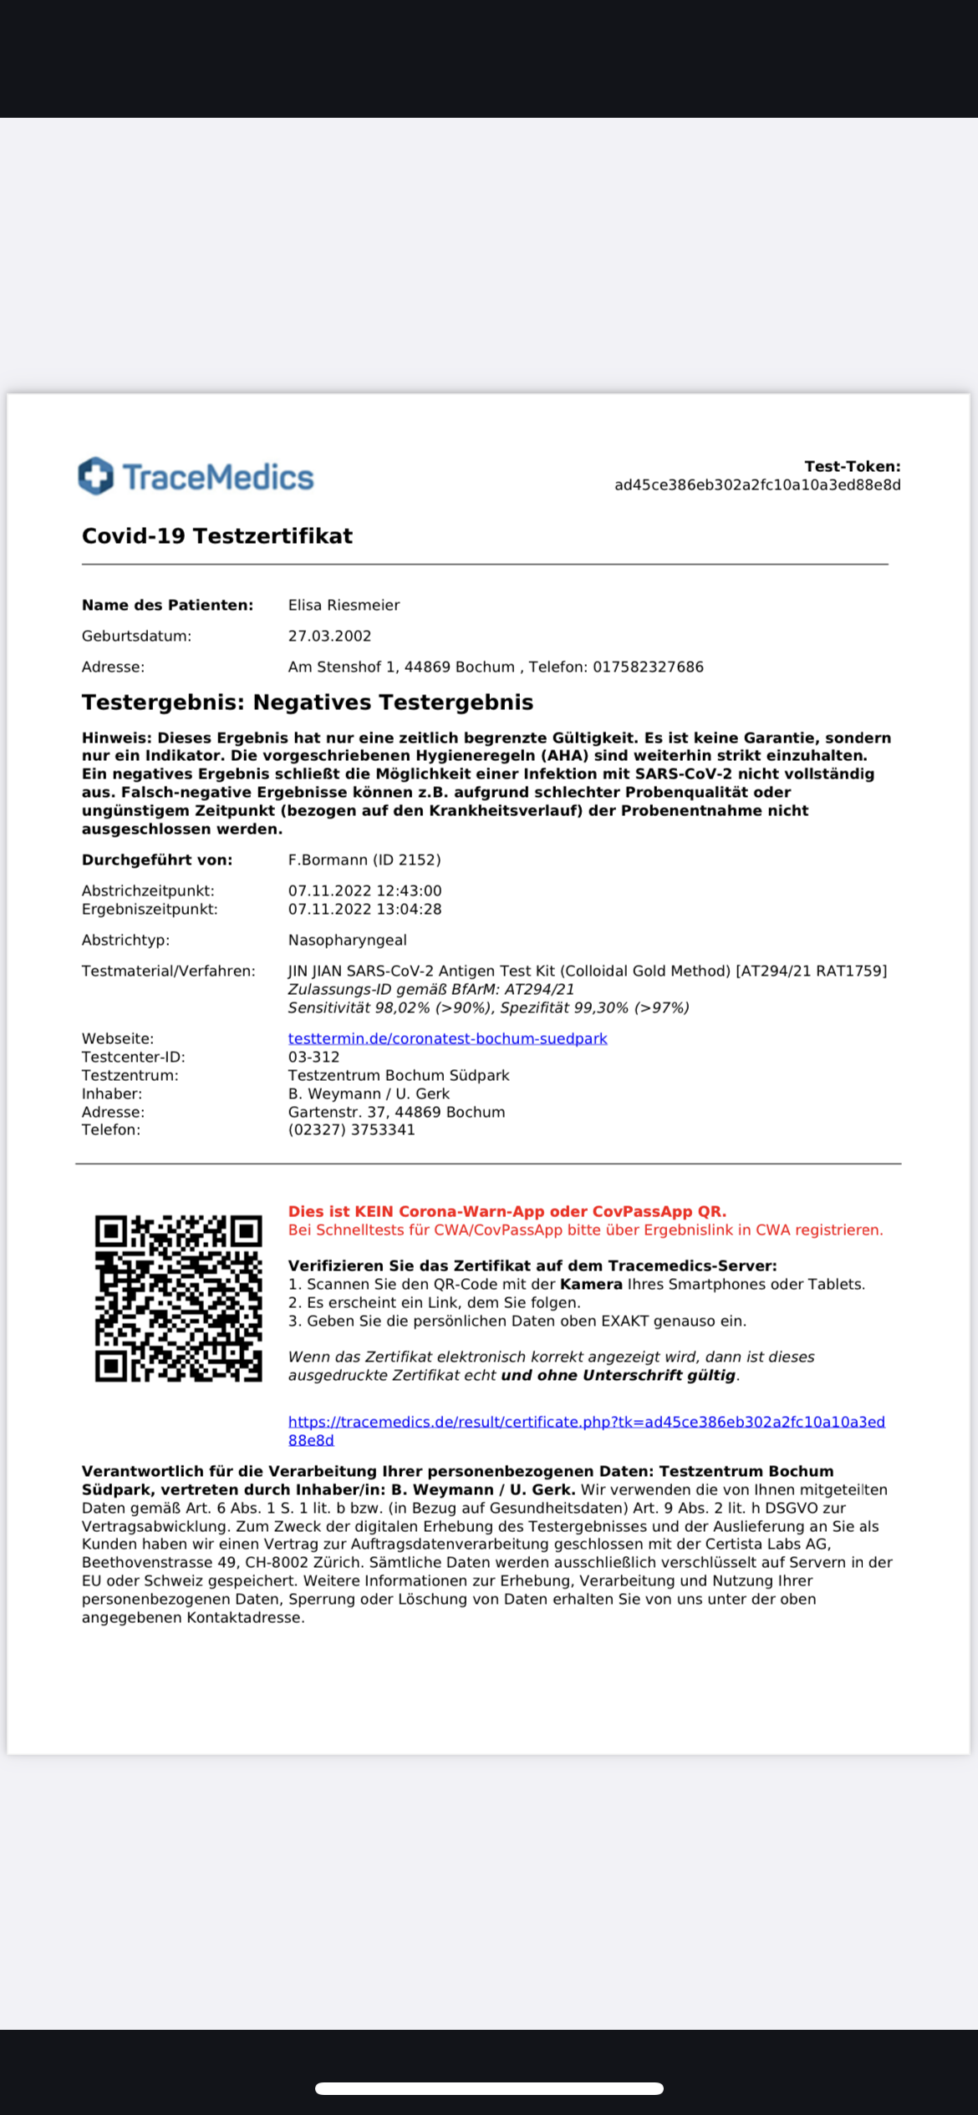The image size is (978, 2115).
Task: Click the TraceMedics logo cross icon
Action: click(x=95, y=476)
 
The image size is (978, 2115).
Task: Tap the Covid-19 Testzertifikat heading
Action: click(x=216, y=536)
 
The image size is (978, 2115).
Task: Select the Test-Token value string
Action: click(x=757, y=485)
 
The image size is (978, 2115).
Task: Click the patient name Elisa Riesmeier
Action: click(x=344, y=606)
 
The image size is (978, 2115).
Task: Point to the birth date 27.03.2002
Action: click(x=329, y=637)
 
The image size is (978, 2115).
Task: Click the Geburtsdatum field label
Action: click(x=136, y=637)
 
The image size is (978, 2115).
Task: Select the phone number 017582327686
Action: click(x=648, y=667)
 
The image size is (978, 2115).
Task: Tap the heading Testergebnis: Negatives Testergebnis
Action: click(x=307, y=702)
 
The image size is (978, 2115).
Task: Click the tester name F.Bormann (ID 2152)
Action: click(x=364, y=860)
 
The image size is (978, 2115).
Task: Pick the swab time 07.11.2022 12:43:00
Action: click(x=364, y=891)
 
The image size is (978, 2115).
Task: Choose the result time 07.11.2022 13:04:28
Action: click(x=364, y=910)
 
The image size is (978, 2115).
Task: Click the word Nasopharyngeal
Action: click(x=347, y=941)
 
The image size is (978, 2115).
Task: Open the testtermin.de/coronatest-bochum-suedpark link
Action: click(x=447, y=1039)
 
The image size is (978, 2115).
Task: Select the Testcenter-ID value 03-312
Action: click(x=313, y=1057)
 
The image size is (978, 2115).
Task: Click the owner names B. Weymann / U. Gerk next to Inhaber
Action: click(x=369, y=1094)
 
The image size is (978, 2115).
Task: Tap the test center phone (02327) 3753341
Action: click(x=351, y=1130)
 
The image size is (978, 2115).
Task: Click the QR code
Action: click(x=178, y=1298)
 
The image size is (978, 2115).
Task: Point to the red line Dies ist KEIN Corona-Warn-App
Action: click(x=507, y=1212)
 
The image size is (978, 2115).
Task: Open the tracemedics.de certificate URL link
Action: click(x=585, y=1423)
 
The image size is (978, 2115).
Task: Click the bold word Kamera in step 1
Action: click(x=591, y=1285)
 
